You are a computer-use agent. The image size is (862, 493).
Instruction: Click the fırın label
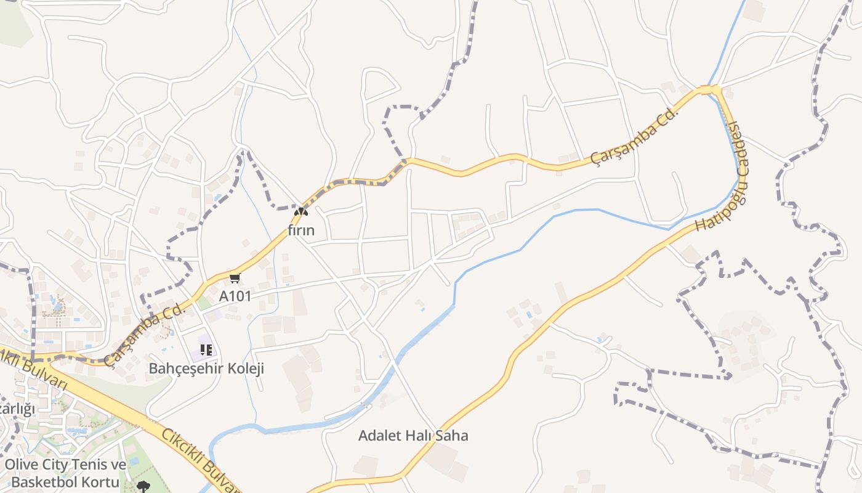click(x=301, y=230)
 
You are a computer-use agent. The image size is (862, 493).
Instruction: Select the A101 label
click(x=235, y=296)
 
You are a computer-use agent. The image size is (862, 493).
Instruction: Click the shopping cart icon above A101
click(x=235, y=279)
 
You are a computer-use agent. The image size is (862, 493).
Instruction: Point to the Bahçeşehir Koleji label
click(x=206, y=369)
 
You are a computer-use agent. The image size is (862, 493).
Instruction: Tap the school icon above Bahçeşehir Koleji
click(x=206, y=350)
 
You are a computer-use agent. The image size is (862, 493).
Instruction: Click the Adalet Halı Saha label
click(x=413, y=436)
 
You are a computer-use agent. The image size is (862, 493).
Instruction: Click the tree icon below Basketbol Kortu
click(x=144, y=487)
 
